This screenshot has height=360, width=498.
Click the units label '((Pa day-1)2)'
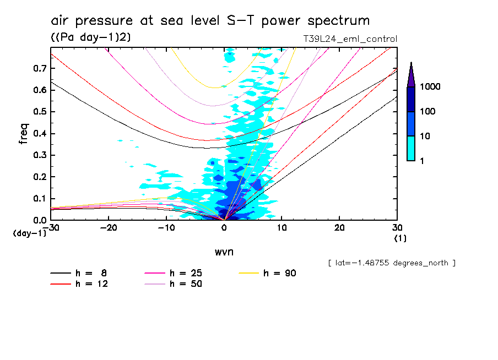[87, 37]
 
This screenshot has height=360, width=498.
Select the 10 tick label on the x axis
[282, 228]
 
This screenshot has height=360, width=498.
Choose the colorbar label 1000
[430, 88]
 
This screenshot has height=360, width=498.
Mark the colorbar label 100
[428, 112]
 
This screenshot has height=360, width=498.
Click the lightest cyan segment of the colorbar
[411, 148]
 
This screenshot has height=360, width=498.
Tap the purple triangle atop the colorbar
[411, 74]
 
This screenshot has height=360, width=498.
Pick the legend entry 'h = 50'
[174, 283]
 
